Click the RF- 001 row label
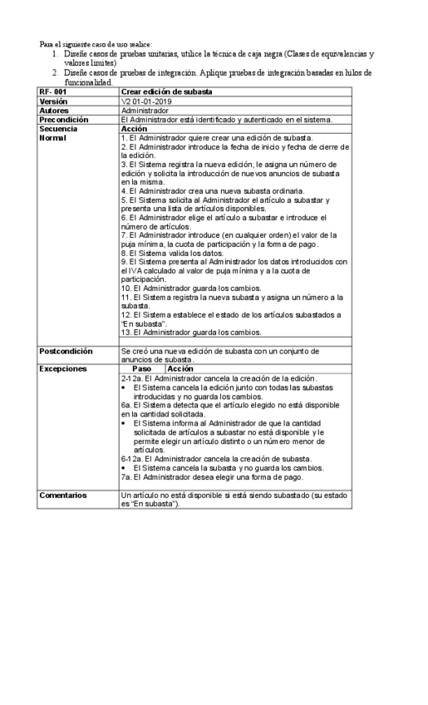click(x=52, y=91)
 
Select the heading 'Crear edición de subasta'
click(x=166, y=91)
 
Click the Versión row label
click(x=53, y=101)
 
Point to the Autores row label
click(x=54, y=110)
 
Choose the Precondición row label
click(x=62, y=119)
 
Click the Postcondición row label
click(x=65, y=352)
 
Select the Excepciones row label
click(x=61, y=367)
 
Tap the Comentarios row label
click(x=63, y=495)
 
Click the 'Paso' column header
click(x=142, y=367)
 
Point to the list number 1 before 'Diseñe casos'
click(x=53, y=52)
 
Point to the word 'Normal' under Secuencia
click(x=52, y=138)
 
